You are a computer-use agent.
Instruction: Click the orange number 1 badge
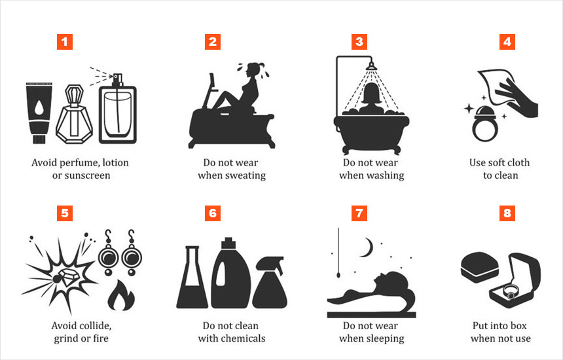pos(65,42)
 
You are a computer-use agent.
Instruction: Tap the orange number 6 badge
pos(213,213)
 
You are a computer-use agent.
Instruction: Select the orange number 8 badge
pos(507,213)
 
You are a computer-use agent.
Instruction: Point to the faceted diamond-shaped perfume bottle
pos(75,115)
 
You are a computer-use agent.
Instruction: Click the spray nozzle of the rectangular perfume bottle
pos(117,80)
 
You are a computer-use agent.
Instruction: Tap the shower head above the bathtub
pos(371,66)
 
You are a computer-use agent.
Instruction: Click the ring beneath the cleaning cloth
pos(485,124)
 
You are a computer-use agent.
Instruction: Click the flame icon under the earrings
pos(121,296)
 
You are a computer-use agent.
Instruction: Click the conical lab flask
pos(192,278)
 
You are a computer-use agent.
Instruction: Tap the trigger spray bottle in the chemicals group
pos(270,283)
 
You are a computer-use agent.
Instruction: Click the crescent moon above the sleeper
pos(367,247)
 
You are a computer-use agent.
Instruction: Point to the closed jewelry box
pos(479,268)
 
